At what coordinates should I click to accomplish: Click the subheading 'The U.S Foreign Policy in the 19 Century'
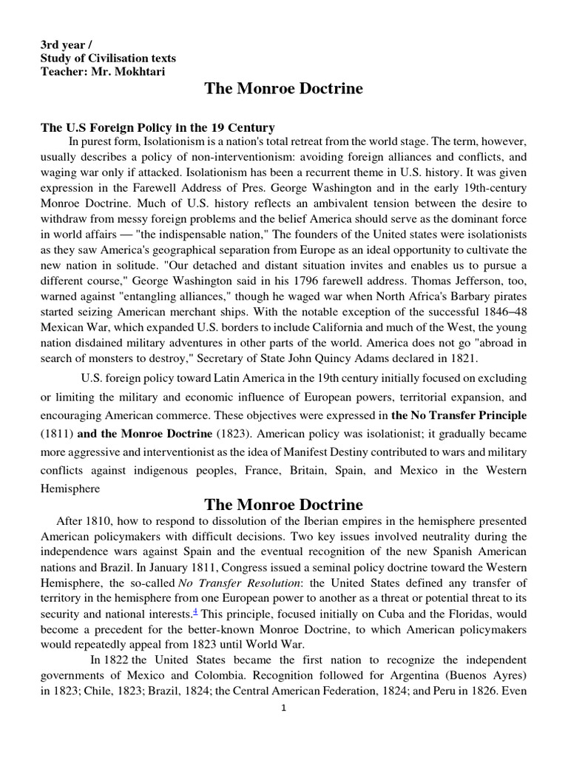click(158, 127)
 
